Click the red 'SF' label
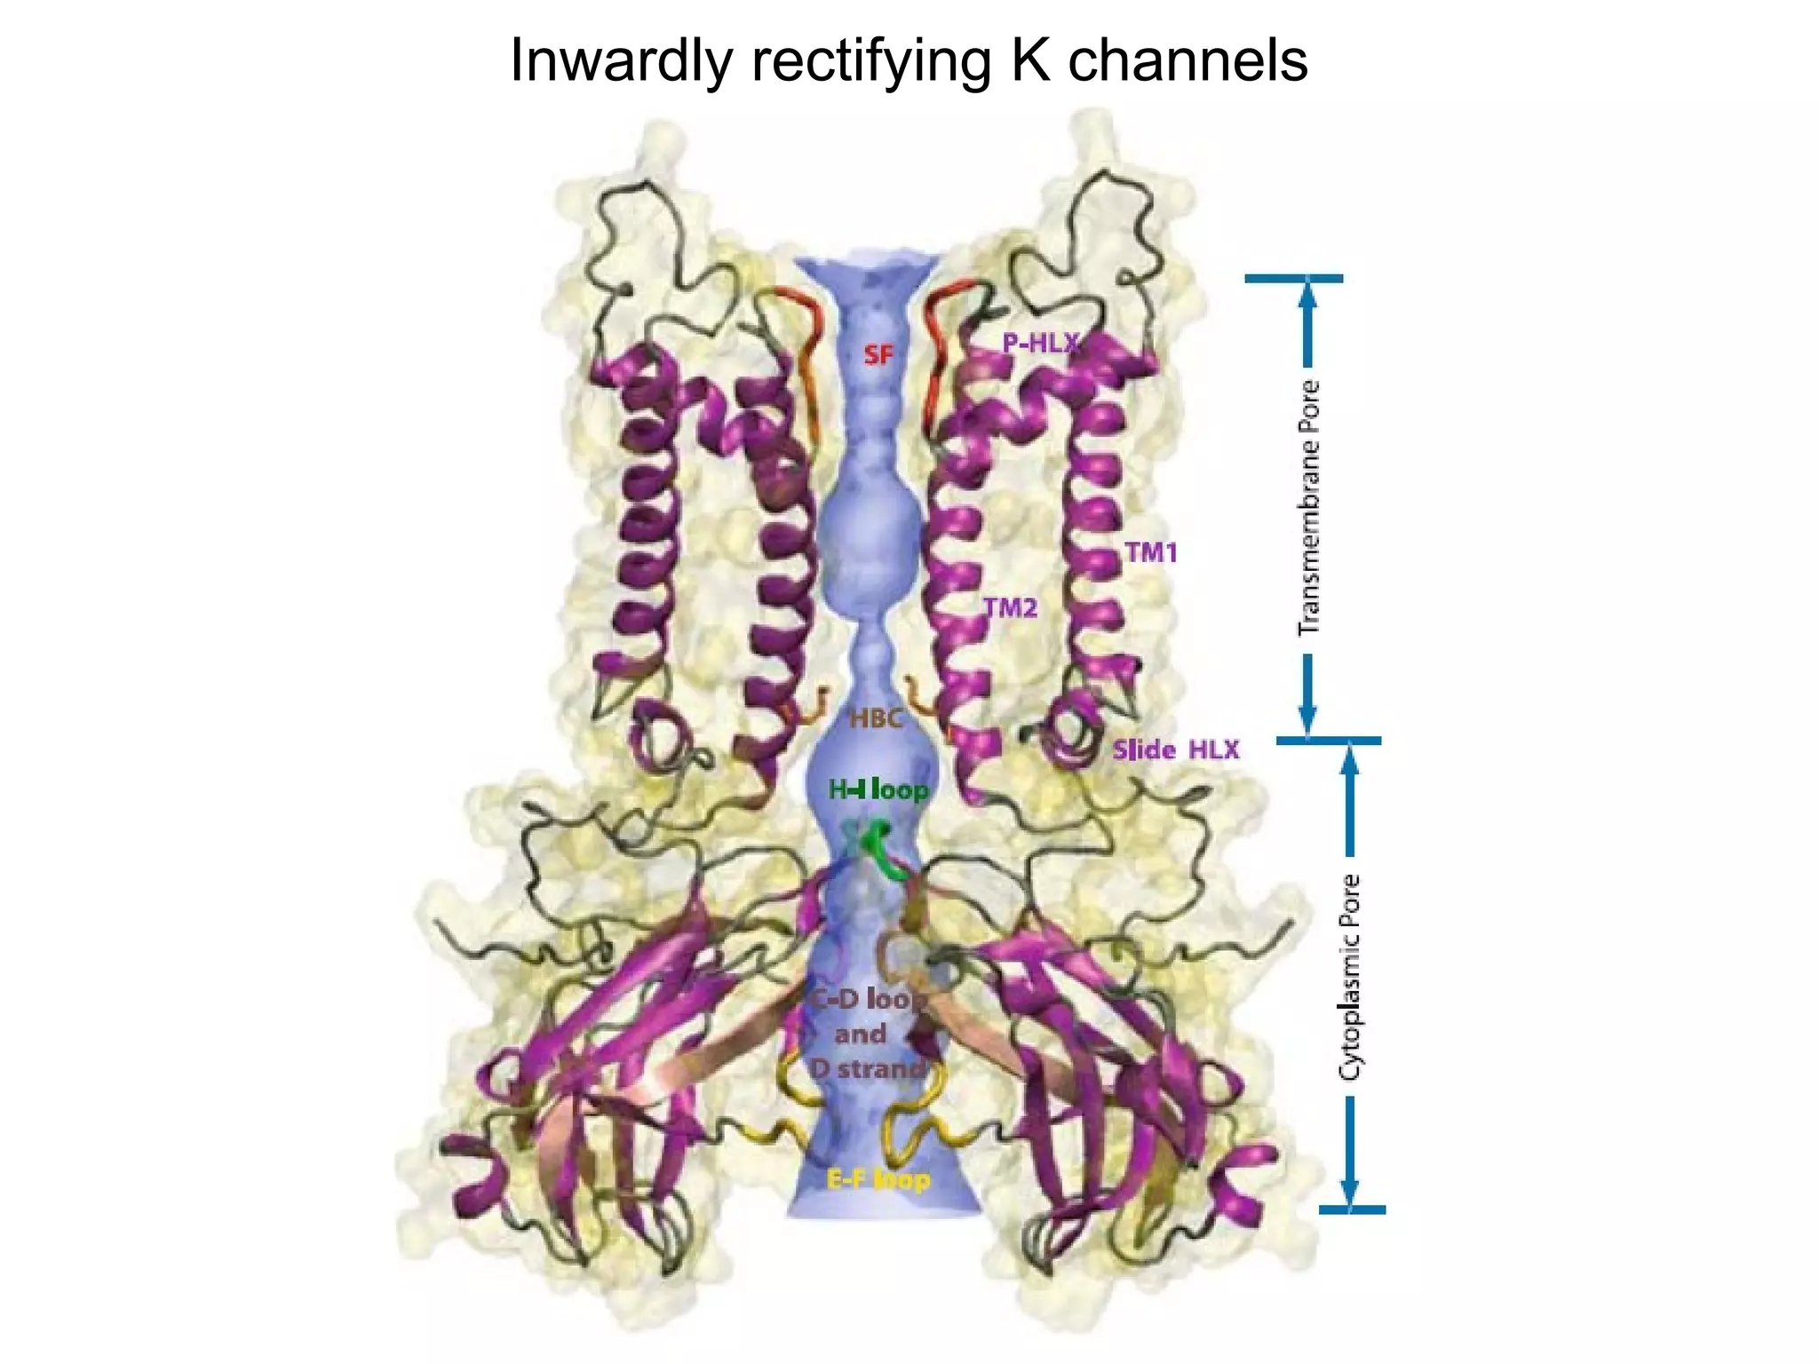coord(878,355)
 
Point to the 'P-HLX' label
coord(1040,343)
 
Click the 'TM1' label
coord(1151,552)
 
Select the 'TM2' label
coord(1010,607)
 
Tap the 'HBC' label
coord(876,718)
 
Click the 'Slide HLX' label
coord(1175,750)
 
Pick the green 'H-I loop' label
coord(878,789)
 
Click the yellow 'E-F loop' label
coord(878,1180)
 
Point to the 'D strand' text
coord(867,1068)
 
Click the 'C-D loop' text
coord(865,1000)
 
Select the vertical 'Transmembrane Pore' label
coord(1308,508)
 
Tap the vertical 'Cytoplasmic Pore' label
coord(1350,977)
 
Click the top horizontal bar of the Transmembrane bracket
coord(1293,279)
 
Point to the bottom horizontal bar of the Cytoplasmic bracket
coord(1352,1209)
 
